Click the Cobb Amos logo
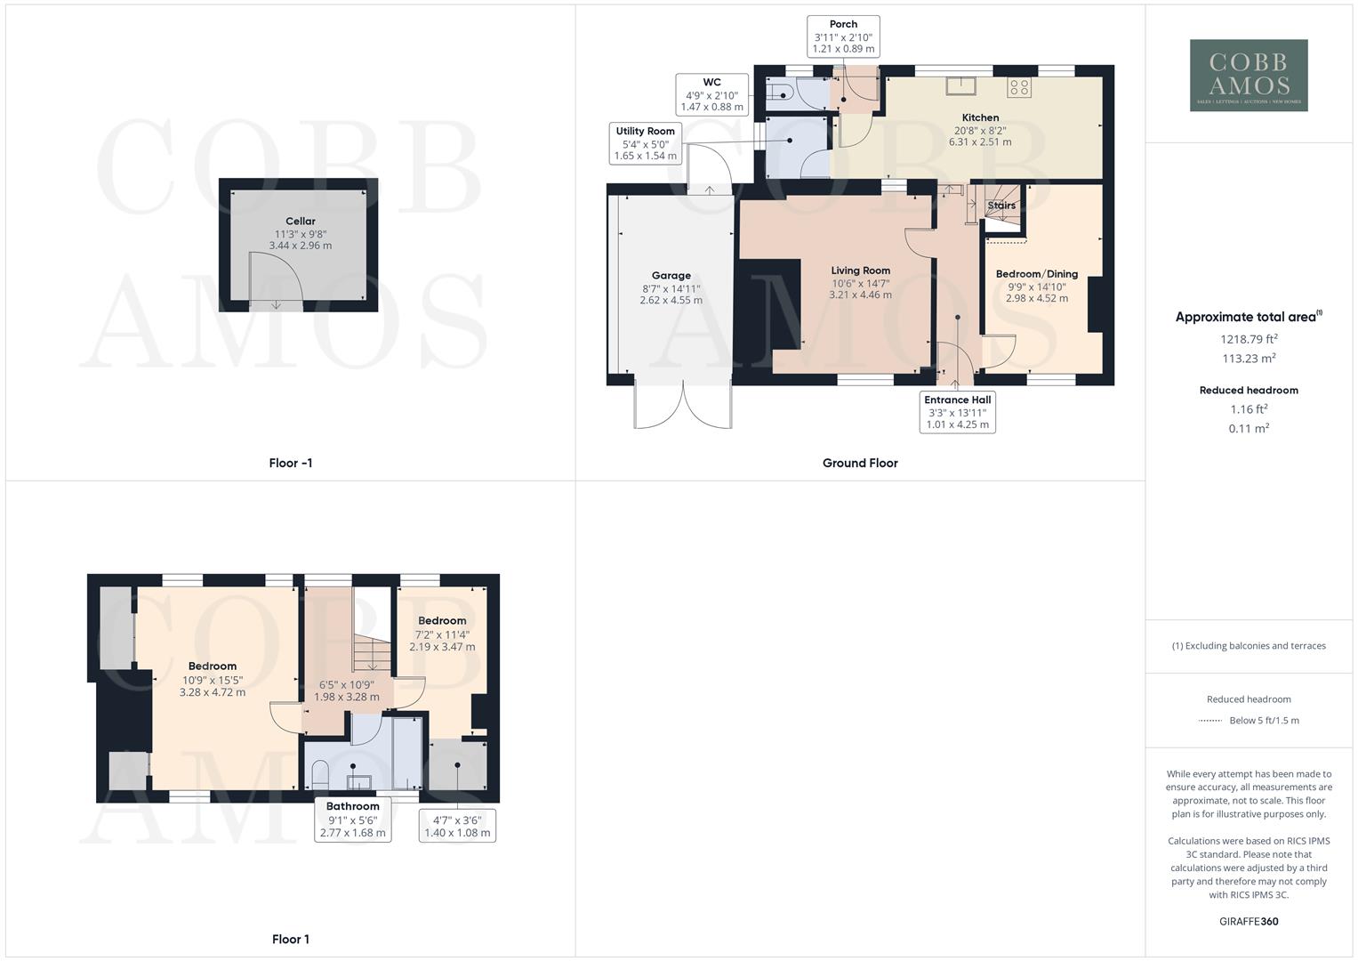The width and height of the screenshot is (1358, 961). [x=1249, y=76]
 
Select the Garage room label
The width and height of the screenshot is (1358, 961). [x=671, y=276]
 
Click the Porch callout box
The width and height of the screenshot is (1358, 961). [x=843, y=36]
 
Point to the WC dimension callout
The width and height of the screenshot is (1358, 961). [x=711, y=94]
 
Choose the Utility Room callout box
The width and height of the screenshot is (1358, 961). [x=645, y=143]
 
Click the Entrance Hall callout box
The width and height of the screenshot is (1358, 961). [x=957, y=412]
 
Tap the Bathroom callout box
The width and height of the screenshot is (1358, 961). [x=352, y=820]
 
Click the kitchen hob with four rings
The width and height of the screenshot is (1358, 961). [x=1019, y=87]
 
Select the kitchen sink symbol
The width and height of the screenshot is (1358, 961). [x=960, y=85]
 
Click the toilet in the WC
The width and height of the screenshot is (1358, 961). [x=777, y=91]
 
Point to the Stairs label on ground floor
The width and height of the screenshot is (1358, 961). [x=1001, y=206]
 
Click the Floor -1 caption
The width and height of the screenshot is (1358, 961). [x=291, y=463]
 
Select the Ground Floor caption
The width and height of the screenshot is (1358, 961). [x=860, y=463]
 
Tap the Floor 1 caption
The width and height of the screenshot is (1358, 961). [x=291, y=939]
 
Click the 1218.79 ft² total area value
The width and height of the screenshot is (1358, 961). [x=1249, y=339]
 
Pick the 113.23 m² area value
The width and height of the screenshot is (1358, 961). [x=1249, y=359]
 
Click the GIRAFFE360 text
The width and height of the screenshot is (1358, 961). [x=1249, y=922]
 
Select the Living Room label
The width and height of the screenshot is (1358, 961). [x=860, y=271]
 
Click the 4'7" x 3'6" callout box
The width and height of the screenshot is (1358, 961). [x=457, y=826]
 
